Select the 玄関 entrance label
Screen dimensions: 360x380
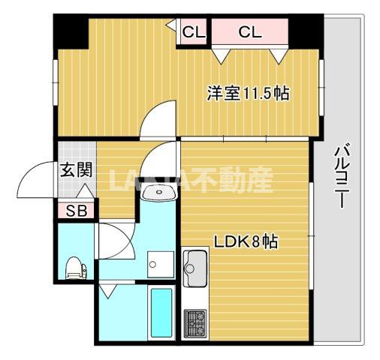pos(77,169)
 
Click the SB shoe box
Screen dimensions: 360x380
pos(76,211)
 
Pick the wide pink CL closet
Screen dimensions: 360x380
pos(250,32)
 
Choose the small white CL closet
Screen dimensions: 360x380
pos(194,32)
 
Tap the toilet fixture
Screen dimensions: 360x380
pos(74,266)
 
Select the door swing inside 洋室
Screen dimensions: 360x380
pos(159,120)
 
